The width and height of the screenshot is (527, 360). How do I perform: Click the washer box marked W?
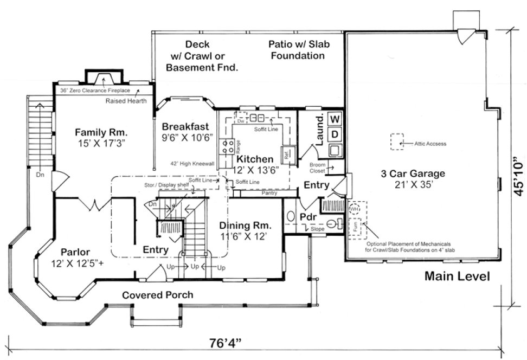(335, 118)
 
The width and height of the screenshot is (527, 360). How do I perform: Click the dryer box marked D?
(335, 133)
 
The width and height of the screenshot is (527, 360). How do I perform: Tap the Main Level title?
(457, 276)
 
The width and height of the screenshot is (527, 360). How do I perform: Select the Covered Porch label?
(157, 295)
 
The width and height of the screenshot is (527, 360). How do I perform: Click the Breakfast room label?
(185, 126)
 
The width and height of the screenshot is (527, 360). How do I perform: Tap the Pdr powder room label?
(307, 217)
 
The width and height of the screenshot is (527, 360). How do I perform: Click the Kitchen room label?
(254, 159)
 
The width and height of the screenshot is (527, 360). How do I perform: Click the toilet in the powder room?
(336, 223)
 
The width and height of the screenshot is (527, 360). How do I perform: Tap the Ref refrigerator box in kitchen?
(287, 153)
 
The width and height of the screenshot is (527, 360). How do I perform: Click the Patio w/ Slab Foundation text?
(299, 49)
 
